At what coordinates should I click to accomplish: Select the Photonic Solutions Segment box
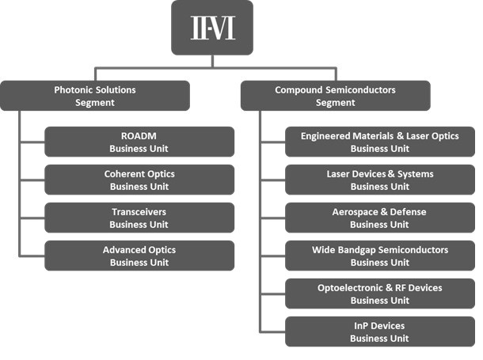click(x=95, y=96)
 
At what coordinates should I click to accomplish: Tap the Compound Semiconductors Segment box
click(x=336, y=96)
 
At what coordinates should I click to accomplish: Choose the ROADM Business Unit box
click(x=139, y=142)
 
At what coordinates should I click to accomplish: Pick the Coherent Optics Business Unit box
click(x=139, y=180)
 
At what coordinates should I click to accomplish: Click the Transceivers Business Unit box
click(x=139, y=218)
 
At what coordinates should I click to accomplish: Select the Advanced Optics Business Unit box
click(x=139, y=256)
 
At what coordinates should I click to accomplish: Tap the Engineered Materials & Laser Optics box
click(x=380, y=142)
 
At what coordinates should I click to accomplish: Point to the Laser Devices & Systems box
click(x=380, y=180)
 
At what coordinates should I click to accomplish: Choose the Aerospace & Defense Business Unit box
click(x=380, y=218)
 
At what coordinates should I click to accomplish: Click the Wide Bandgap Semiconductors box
click(x=380, y=256)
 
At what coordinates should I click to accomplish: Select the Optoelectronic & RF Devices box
click(x=380, y=294)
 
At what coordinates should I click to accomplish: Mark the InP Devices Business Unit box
click(x=380, y=332)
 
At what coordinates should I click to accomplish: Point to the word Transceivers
click(x=139, y=212)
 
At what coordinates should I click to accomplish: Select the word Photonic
click(x=74, y=90)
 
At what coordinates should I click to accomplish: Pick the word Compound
click(x=299, y=90)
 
